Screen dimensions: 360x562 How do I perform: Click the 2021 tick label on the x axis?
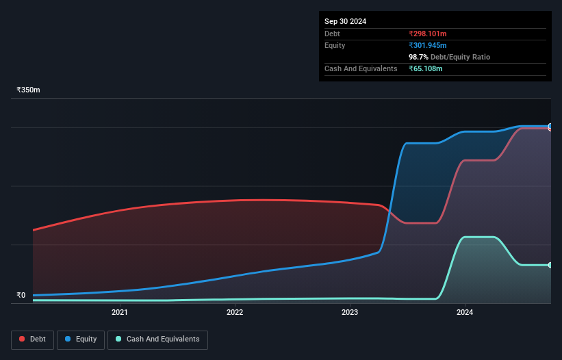coord(120,313)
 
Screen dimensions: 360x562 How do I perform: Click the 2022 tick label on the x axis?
coord(235,313)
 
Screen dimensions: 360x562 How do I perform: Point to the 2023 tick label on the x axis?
coord(350,313)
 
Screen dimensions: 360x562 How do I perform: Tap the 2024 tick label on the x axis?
coord(465,313)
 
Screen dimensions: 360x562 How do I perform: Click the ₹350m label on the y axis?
coord(29,90)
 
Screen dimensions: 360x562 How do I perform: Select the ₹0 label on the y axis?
coord(21,296)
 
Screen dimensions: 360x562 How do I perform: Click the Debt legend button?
coord(32,339)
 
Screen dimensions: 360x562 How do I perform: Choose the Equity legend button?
coord(81,339)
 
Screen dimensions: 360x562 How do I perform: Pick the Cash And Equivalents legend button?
coord(157,339)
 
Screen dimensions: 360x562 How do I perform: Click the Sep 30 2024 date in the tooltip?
coord(346,21)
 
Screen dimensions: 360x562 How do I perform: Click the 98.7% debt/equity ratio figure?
coord(418,57)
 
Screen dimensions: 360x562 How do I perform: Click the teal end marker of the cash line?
coord(550,265)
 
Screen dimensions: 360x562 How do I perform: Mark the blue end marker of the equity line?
coord(550,127)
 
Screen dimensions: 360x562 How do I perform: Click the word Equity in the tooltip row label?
coord(335,45)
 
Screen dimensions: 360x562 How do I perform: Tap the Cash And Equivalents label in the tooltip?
coord(361,69)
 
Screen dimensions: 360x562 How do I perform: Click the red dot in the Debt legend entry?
coord(23,339)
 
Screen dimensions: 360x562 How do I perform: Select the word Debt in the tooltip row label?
coord(332,34)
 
